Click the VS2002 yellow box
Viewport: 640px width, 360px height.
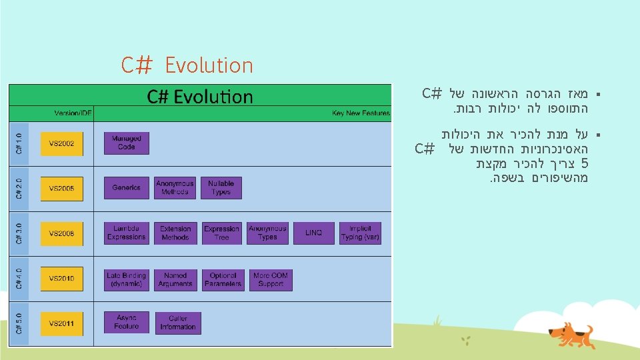(x=62, y=143)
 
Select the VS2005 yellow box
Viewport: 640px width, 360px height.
(x=62, y=189)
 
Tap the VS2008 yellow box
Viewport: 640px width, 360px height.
(x=62, y=233)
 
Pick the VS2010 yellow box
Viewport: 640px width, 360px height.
(x=62, y=278)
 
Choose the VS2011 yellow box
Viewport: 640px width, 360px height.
(x=62, y=323)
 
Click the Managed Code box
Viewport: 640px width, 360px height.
(x=127, y=143)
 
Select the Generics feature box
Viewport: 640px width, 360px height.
(x=127, y=188)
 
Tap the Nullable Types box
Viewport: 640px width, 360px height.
(x=221, y=188)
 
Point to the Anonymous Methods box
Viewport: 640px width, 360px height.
(x=175, y=188)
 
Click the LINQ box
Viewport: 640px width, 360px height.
(x=313, y=233)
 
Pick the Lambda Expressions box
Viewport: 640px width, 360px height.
(x=127, y=233)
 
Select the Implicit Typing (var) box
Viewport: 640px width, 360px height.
(x=360, y=233)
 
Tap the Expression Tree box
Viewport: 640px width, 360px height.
(x=221, y=233)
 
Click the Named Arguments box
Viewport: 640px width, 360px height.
(x=175, y=279)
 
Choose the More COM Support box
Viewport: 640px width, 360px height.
(x=271, y=279)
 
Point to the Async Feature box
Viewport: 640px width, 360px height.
(x=127, y=323)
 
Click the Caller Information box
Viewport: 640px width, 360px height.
(x=178, y=323)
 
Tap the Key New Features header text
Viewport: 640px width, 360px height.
(x=361, y=113)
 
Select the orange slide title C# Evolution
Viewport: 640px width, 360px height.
(x=187, y=65)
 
